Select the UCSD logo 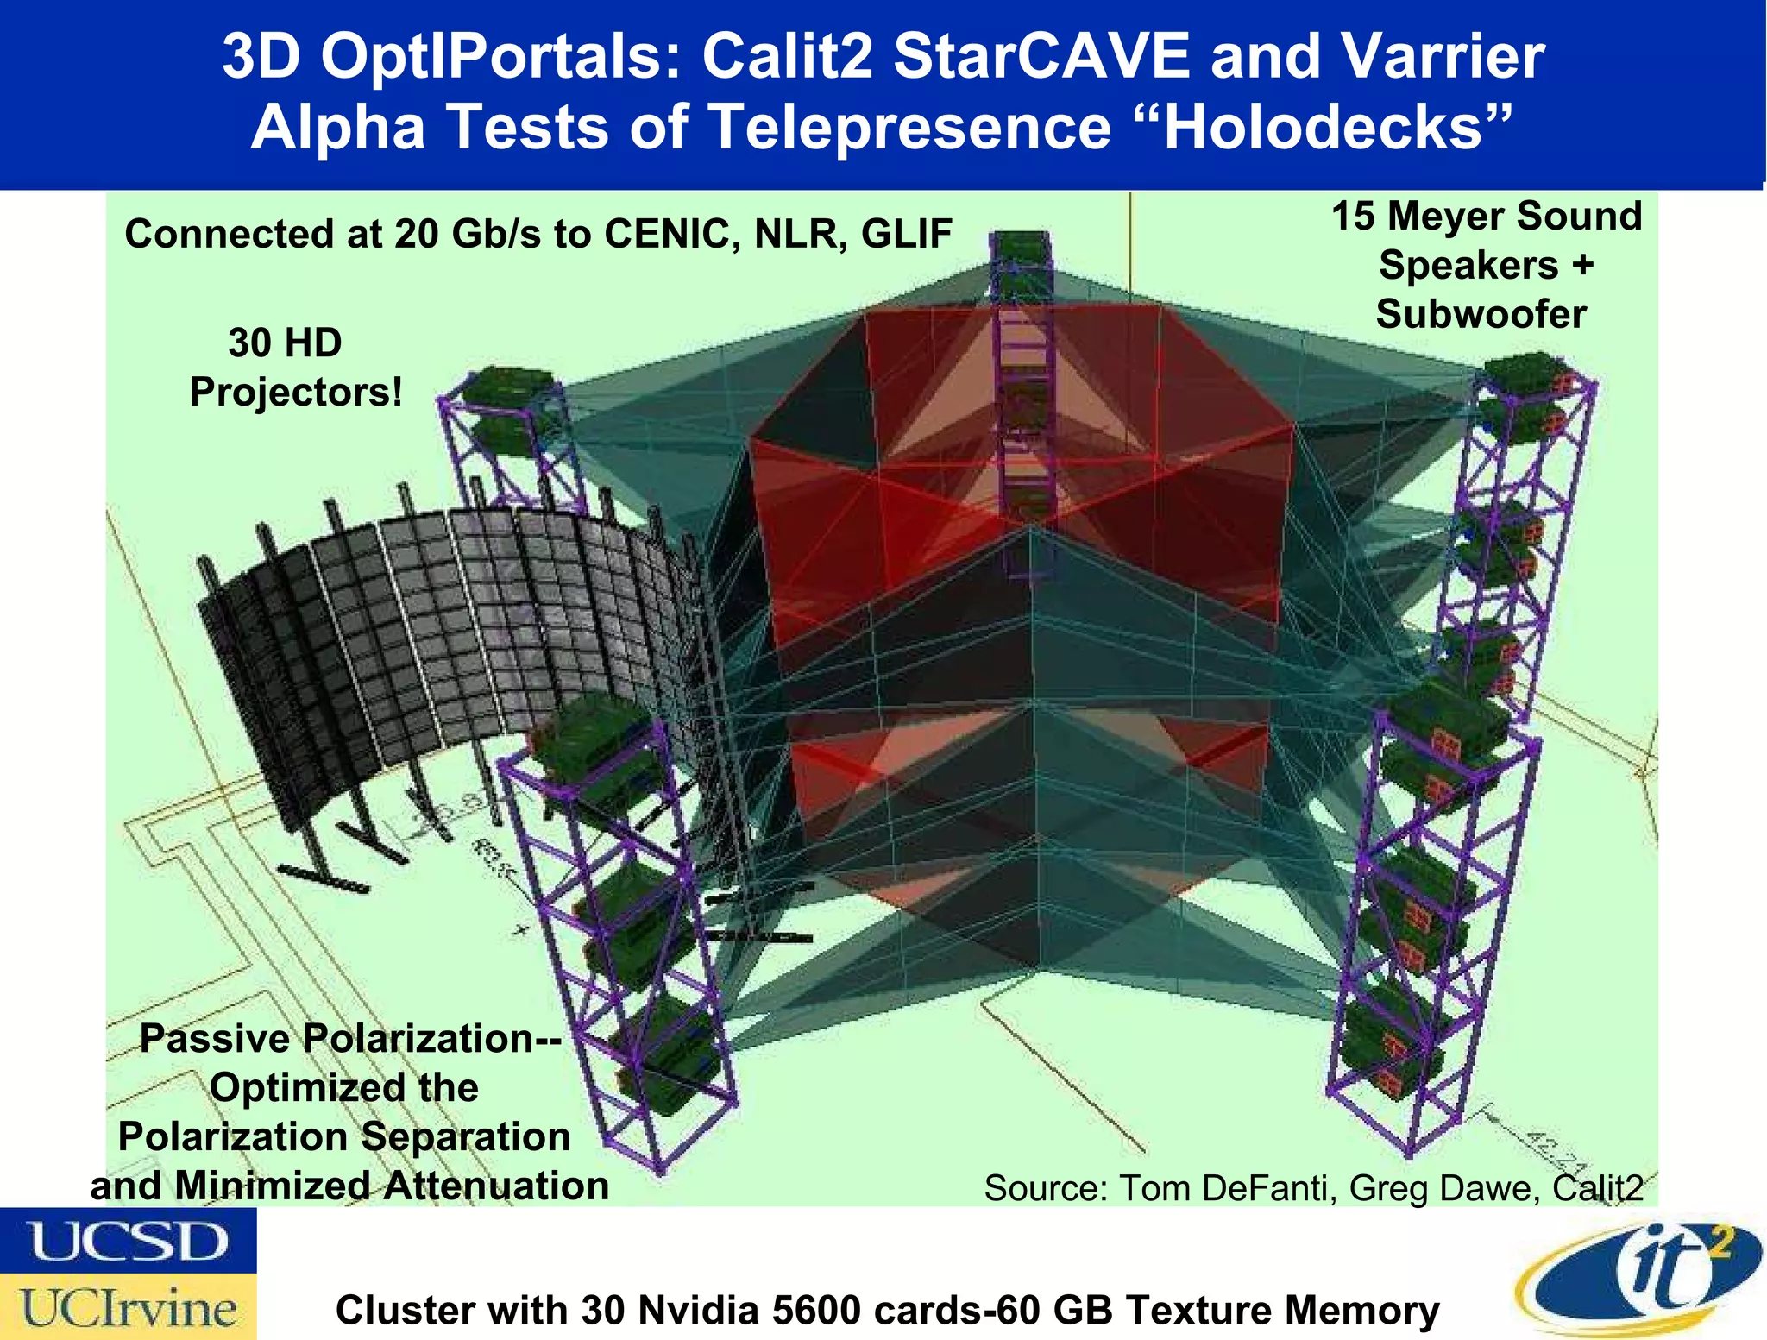(x=128, y=1241)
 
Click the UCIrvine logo (x=128, y=1306)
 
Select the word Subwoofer (x=1481, y=314)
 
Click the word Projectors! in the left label (x=296, y=393)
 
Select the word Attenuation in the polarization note (x=496, y=1186)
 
